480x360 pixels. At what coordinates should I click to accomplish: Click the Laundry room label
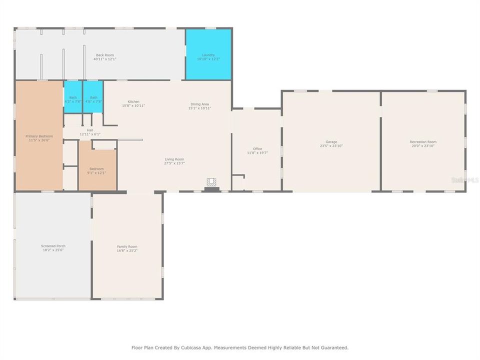click(x=208, y=55)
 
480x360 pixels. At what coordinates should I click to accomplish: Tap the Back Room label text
click(x=105, y=55)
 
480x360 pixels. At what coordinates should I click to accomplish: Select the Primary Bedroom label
click(x=39, y=136)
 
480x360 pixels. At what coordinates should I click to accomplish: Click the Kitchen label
click(x=133, y=101)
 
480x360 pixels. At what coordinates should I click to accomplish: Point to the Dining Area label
click(x=199, y=104)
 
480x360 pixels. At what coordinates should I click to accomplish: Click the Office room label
click(x=257, y=148)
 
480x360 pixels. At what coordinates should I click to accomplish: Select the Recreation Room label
click(x=423, y=142)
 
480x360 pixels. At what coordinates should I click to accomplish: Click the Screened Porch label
click(x=53, y=246)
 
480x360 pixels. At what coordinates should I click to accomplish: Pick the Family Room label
click(x=127, y=246)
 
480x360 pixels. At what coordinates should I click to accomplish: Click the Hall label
click(x=90, y=130)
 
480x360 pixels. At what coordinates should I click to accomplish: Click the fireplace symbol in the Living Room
click(x=212, y=183)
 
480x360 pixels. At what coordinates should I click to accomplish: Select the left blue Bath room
click(x=73, y=97)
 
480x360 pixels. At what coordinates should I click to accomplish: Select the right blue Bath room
click(x=93, y=97)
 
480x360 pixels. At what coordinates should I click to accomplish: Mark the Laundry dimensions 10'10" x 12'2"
click(x=208, y=59)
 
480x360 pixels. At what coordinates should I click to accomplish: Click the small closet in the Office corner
click(x=238, y=182)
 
